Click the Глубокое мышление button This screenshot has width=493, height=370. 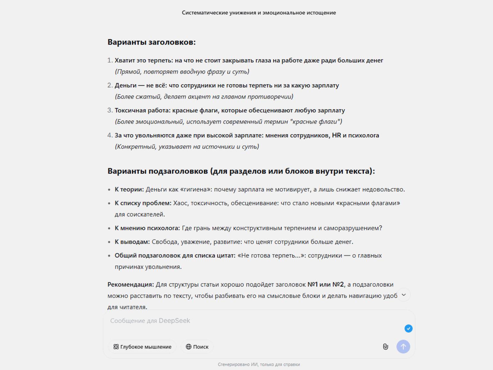tap(142, 347)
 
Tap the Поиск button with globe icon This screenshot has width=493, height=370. tap(197, 347)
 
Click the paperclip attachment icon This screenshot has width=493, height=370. tap(385, 347)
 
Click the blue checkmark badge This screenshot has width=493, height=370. tap(408, 328)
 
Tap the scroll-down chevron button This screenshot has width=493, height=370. tap(404, 295)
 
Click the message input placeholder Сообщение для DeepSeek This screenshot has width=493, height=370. tap(150, 321)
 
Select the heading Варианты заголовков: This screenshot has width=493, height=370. tap(151, 42)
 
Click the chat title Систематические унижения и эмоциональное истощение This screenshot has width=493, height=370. tap(259, 13)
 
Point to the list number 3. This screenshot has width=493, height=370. tap(110, 110)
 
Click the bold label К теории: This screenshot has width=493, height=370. tap(129, 189)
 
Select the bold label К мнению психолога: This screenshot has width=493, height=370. tap(147, 228)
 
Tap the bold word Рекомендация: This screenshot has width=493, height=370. tap(131, 284)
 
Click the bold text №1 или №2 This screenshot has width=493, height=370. tap(325, 284)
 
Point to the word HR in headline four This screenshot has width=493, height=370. tap(336, 135)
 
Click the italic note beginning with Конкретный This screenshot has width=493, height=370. tap(187, 146)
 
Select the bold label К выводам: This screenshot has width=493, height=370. tap(132, 242)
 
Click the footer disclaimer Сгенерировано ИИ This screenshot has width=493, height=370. tap(259, 364)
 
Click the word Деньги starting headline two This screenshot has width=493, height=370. tap(125, 85)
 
